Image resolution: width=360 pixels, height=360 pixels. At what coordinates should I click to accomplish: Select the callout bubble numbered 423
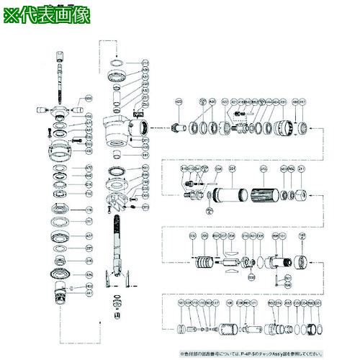[x=179, y=102]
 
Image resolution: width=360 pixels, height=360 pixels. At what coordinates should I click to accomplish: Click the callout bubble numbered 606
[x=89, y=97]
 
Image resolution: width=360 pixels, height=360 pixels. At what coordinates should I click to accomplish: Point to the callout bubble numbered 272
[x=264, y=170]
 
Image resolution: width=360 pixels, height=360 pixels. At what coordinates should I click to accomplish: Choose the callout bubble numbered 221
[x=232, y=170]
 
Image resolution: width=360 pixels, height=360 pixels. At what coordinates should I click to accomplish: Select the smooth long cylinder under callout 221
[x=232, y=194]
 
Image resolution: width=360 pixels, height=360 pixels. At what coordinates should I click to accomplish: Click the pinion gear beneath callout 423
[x=177, y=127]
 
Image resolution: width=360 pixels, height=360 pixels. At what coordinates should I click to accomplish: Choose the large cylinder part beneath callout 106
[x=230, y=330]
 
